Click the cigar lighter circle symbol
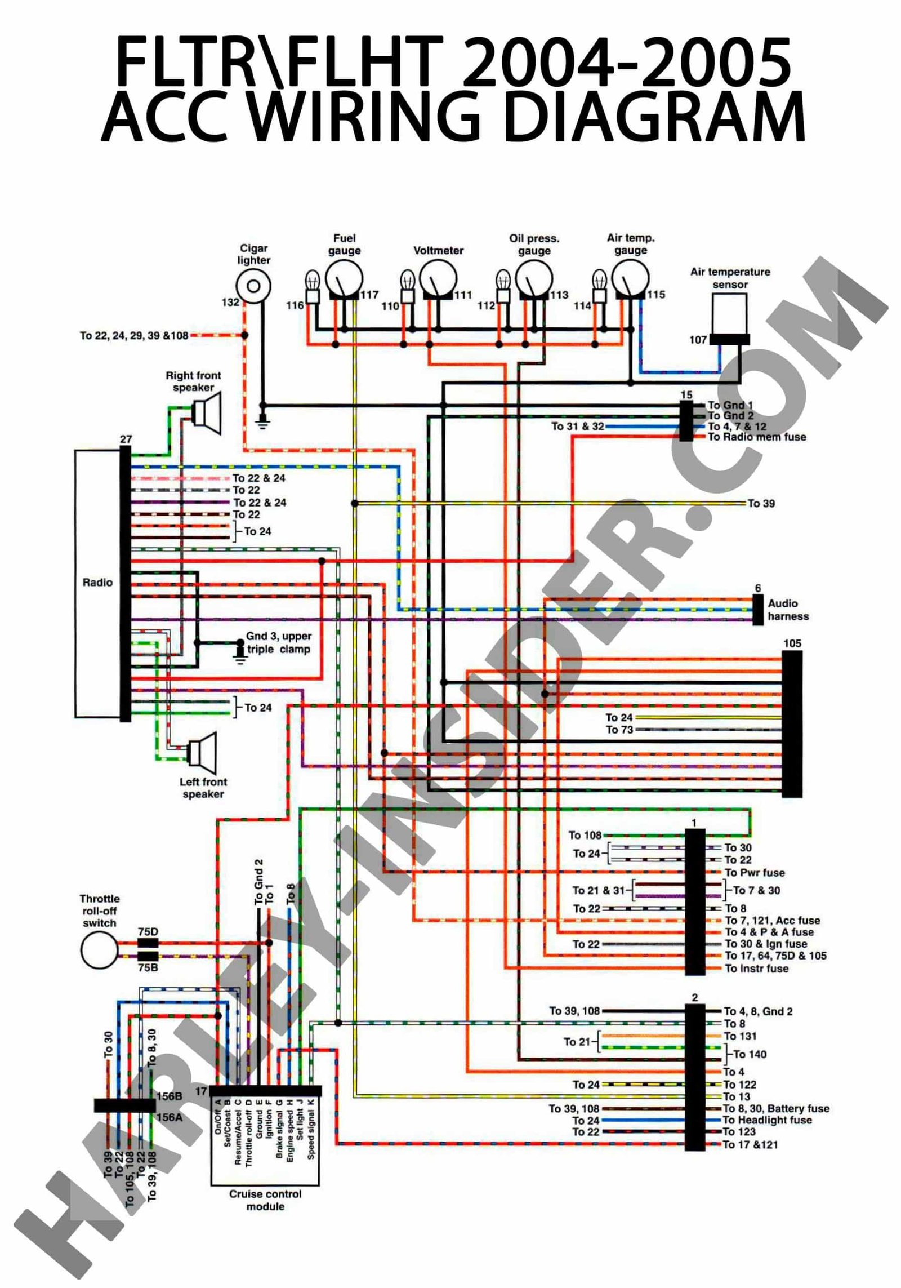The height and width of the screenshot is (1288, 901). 253,286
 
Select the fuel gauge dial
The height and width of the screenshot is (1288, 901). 344,279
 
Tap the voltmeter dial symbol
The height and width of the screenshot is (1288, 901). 438,279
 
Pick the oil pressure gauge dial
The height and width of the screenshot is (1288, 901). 534,279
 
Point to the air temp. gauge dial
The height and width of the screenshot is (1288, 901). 630,279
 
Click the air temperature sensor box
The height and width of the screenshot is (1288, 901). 729,312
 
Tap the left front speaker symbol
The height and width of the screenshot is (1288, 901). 202,752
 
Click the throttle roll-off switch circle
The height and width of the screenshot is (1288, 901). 99,950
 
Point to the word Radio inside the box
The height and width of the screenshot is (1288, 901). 97,583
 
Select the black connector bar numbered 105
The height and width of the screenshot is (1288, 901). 792,725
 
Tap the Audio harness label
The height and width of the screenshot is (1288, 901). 788,610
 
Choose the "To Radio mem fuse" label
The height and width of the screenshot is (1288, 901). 756,437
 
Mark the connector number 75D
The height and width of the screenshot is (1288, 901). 148,932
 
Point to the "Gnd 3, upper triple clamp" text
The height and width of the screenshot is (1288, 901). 278,642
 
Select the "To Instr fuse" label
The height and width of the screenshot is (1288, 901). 756,969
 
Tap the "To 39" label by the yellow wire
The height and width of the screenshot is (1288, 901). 761,503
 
